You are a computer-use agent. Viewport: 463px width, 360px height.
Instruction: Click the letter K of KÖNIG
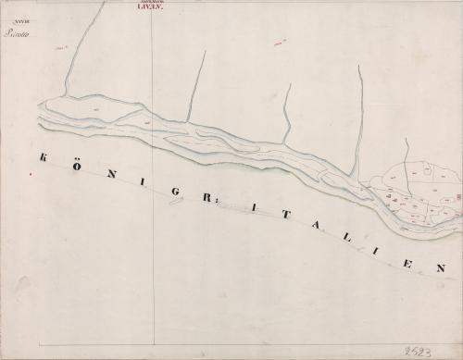pos(43,157)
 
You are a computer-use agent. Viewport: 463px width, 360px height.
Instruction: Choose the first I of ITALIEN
pos(249,209)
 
